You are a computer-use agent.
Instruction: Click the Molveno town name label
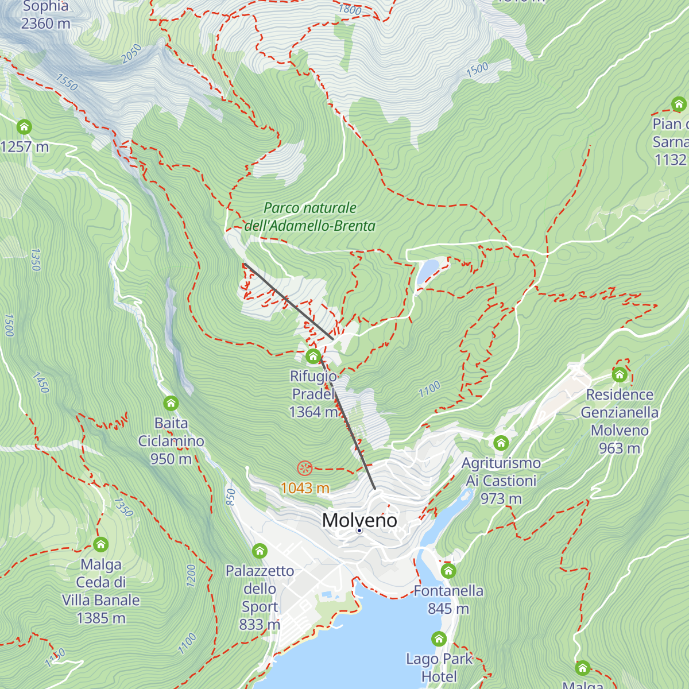(x=359, y=520)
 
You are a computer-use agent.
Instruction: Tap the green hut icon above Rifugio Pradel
(x=313, y=357)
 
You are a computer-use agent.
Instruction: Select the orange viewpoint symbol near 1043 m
(x=304, y=469)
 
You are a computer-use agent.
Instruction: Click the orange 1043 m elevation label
(x=305, y=488)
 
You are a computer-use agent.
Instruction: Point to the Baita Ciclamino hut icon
(x=171, y=403)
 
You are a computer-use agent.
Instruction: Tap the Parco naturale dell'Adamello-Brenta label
(x=310, y=217)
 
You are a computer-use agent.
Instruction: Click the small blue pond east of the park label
(x=427, y=271)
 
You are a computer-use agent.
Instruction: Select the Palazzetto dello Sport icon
(x=260, y=551)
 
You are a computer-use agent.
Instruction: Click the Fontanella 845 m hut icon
(x=448, y=571)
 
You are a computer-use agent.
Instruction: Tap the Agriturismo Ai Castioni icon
(x=501, y=443)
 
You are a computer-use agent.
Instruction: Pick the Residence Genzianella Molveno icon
(x=619, y=375)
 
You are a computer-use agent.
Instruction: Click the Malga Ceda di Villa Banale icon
(x=100, y=544)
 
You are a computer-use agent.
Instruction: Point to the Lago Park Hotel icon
(x=439, y=638)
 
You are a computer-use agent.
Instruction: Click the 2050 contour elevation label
(x=131, y=54)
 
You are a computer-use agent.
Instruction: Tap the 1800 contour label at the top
(x=350, y=9)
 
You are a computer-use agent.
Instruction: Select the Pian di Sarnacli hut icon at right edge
(x=679, y=104)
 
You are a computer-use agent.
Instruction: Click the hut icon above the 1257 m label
(x=24, y=126)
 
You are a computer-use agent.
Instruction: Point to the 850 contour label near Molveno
(x=231, y=497)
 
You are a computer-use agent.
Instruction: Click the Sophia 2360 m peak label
(x=46, y=15)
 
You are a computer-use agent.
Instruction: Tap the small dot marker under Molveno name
(x=359, y=531)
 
